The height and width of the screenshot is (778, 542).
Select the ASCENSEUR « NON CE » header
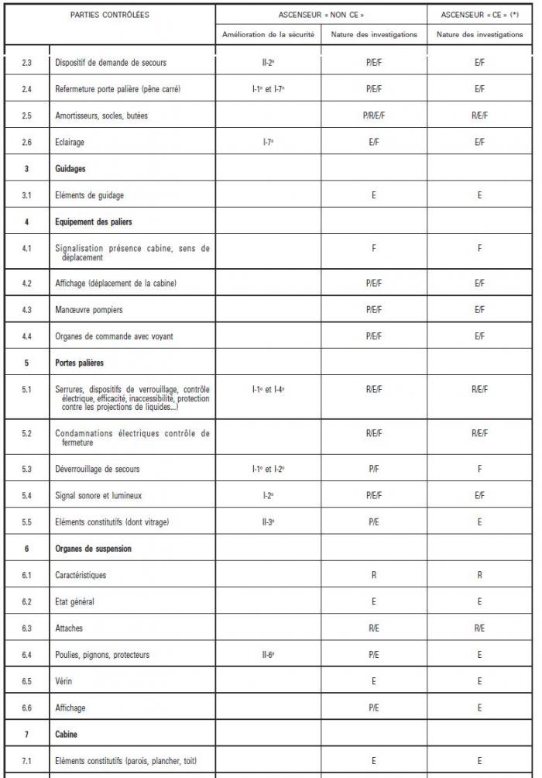point(321,15)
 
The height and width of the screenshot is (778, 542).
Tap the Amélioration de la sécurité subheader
point(268,35)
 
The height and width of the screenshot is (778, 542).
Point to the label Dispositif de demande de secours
point(111,63)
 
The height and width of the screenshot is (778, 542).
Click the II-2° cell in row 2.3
point(268,63)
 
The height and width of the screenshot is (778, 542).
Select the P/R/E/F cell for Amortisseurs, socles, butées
point(373,115)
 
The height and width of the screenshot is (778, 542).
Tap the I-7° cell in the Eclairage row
point(268,143)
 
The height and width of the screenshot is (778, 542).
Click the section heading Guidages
point(70,169)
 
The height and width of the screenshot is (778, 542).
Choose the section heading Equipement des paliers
point(94,222)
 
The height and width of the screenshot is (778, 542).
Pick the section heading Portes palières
point(80,363)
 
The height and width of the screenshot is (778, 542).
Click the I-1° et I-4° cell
point(268,389)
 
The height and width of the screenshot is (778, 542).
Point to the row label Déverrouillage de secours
point(98,469)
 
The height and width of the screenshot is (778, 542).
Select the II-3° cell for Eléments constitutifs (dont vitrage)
point(268,522)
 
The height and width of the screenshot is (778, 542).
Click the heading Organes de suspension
point(94,549)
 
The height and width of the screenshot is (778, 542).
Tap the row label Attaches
point(69,628)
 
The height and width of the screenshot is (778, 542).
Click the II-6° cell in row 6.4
point(268,655)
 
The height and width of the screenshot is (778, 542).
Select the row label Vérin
point(64,681)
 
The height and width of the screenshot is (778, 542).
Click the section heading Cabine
point(67,734)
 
